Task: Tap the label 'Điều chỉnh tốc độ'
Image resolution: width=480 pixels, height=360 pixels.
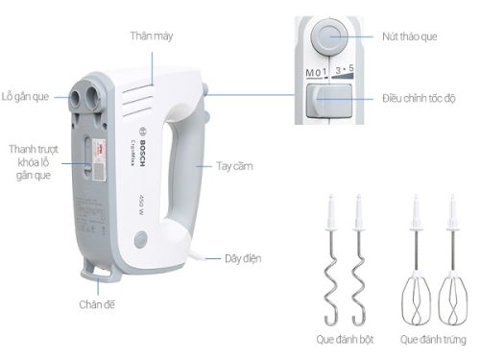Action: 423,99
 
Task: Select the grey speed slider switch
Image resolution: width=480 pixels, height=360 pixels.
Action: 326,100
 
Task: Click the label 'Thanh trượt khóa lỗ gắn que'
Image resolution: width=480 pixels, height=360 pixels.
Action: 32,163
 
